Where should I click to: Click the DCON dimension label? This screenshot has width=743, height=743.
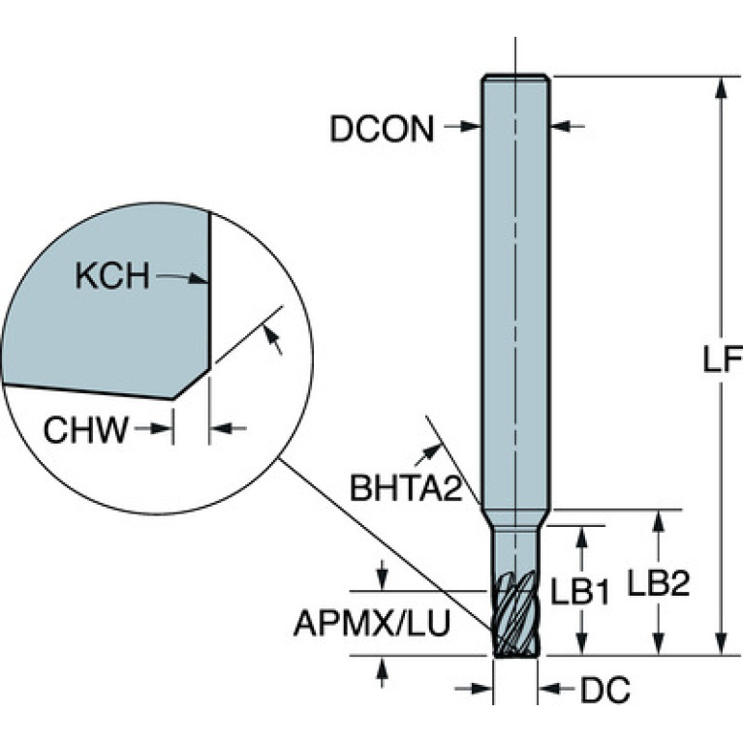tap(382, 129)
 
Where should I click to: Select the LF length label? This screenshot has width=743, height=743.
tap(722, 359)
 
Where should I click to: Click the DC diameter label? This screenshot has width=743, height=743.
tap(605, 690)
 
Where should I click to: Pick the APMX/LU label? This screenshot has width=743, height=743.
tap(372, 623)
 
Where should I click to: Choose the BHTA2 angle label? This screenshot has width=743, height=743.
tap(406, 488)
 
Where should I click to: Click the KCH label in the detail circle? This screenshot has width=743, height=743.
tap(112, 276)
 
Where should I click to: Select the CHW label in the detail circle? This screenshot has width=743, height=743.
tap(86, 429)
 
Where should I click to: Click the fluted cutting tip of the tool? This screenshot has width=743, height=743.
tap(515, 614)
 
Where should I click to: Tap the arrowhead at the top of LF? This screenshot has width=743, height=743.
tap(721, 87)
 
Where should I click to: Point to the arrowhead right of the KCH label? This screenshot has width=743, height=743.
tap(198, 278)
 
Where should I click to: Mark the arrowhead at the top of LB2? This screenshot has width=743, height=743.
tap(658, 522)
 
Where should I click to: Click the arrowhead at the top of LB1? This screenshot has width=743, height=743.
tap(582, 538)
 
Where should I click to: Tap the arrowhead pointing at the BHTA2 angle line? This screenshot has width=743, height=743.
tap(431, 450)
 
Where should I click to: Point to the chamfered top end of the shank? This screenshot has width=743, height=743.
tap(515, 77)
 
